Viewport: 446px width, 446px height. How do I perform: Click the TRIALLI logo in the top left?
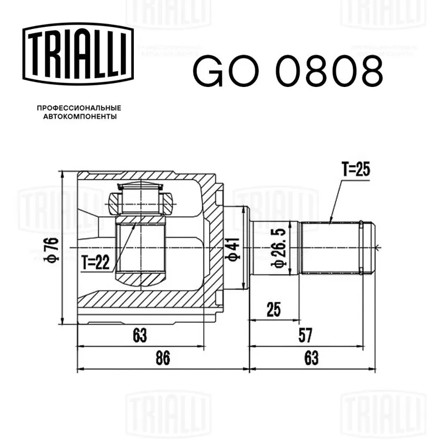[78, 54]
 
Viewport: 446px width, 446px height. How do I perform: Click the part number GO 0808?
[288, 71]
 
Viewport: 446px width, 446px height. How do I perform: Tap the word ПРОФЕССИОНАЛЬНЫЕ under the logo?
[79, 108]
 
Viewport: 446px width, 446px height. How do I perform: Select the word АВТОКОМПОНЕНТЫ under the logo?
[80, 117]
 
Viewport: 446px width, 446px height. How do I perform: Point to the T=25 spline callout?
[356, 169]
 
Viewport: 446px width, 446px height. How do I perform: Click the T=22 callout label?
[95, 262]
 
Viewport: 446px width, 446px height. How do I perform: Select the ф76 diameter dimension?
[51, 249]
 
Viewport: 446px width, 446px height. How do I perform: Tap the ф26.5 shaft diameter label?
[279, 248]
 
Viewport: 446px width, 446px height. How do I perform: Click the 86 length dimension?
[163, 357]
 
